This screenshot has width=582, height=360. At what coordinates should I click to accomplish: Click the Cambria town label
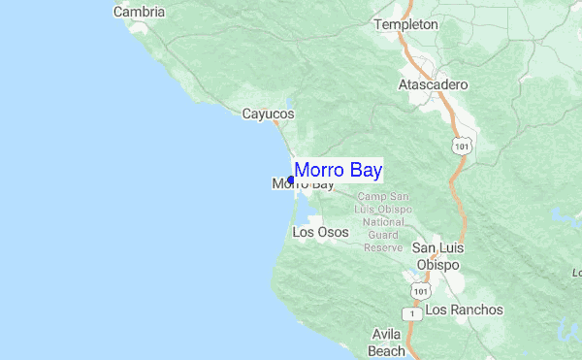click(x=139, y=13)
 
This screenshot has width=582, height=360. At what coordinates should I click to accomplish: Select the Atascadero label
click(x=433, y=84)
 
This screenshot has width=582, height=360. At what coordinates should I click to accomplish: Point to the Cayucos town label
click(x=268, y=114)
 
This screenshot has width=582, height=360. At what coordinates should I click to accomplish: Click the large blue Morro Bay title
click(x=338, y=171)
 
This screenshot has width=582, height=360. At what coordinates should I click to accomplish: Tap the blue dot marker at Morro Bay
click(x=291, y=180)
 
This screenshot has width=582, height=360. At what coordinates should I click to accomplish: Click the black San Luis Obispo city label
click(x=438, y=257)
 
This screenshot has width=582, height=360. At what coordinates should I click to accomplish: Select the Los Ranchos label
click(x=465, y=311)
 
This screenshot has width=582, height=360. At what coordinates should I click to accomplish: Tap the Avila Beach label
click(x=387, y=342)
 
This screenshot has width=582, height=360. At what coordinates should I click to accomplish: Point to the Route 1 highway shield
click(x=413, y=313)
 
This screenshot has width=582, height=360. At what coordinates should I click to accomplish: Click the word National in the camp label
click(x=384, y=222)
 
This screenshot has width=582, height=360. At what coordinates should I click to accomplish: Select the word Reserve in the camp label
click(x=383, y=247)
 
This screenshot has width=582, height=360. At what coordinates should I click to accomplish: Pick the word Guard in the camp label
click(x=384, y=235)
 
